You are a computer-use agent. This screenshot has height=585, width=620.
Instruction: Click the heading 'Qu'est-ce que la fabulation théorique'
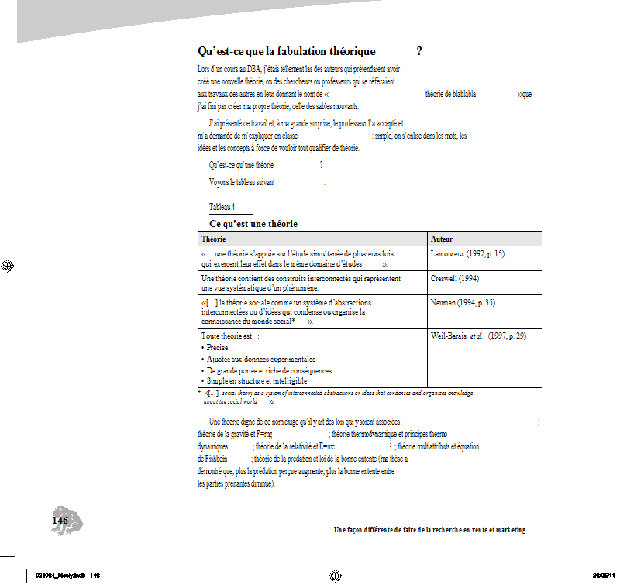(287, 52)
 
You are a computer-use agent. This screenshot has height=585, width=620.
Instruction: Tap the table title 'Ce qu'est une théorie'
(253, 224)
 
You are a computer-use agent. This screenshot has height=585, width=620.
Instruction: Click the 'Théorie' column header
(214, 239)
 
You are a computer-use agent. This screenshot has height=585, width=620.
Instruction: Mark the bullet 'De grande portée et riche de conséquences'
(269, 370)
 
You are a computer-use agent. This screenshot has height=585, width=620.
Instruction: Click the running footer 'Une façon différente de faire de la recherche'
(429, 530)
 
